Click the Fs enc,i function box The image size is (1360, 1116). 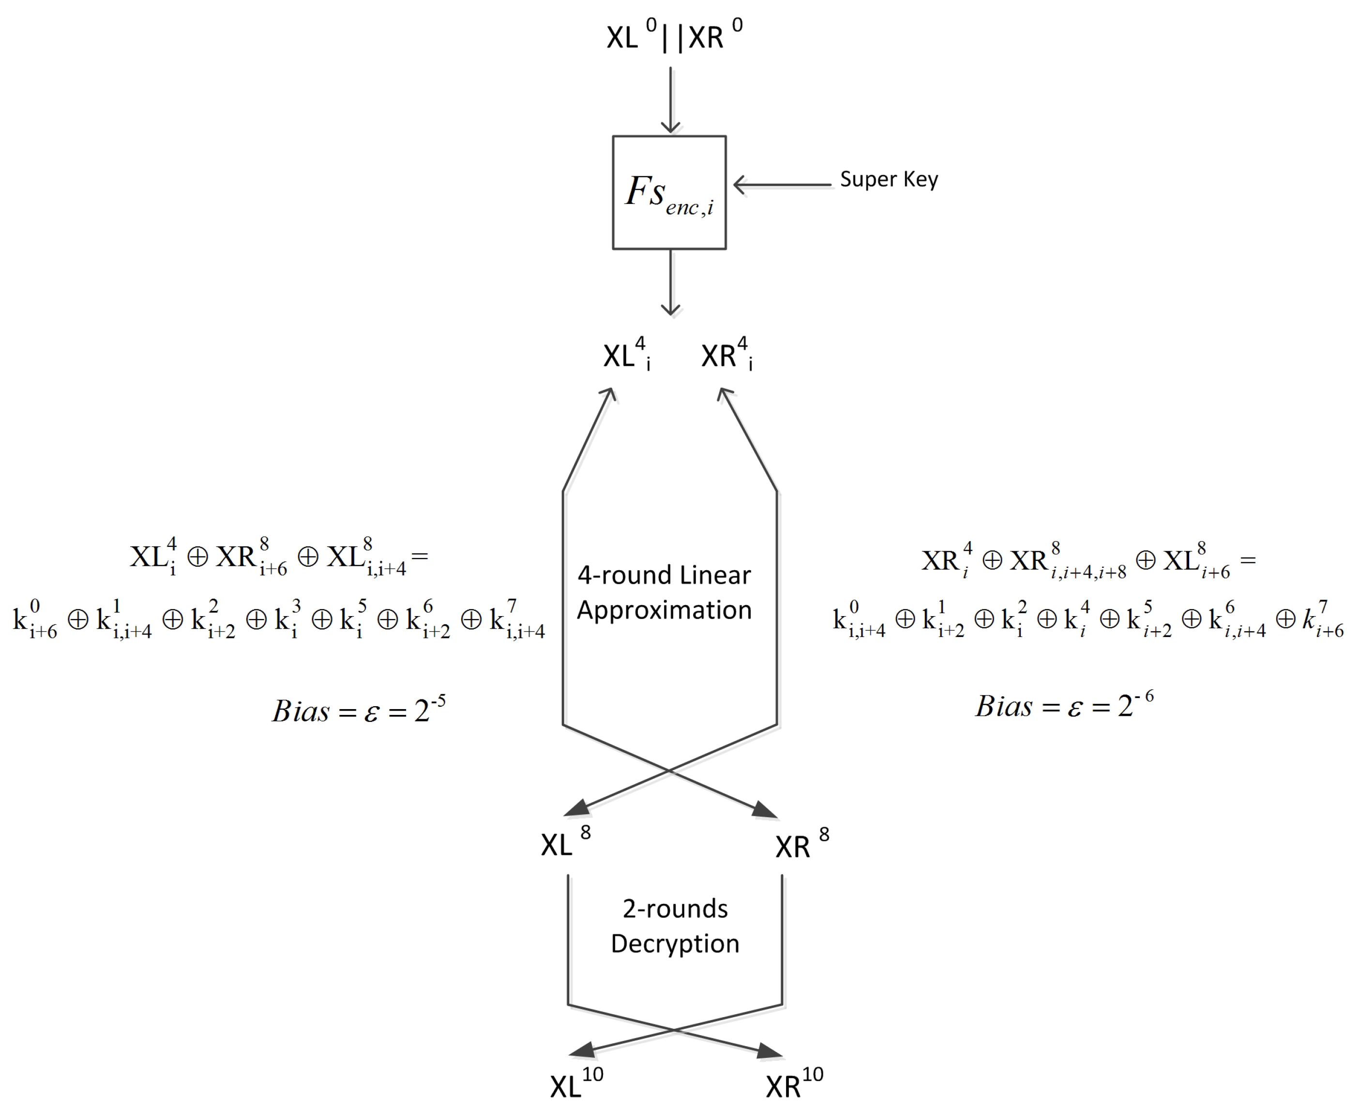click(669, 192)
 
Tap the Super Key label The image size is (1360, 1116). click(889, 179)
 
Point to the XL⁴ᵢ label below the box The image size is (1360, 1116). click(626, 355)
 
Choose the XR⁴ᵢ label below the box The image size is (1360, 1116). click(726, 355)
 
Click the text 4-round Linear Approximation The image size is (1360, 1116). click(664, 592)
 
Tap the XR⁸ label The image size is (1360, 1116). click(801, 845)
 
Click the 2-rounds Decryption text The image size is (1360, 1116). click(675, 926)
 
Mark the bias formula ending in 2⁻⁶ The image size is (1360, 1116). click(1064, 706)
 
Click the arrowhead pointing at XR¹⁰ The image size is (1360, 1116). click(769, 1051)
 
